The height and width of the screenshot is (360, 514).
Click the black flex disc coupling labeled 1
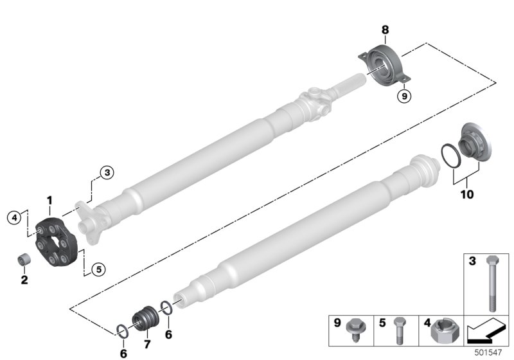point(56,240)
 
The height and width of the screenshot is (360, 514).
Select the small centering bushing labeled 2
point(24,259)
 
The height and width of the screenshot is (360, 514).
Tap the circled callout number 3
point(107,172)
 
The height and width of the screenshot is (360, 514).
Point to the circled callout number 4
point(14,217)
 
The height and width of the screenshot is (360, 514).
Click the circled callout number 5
point(99,269)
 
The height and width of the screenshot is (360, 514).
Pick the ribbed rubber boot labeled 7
point(146,319)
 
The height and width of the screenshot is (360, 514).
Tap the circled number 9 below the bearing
point(404,96)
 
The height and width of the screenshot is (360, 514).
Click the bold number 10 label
point(467,194)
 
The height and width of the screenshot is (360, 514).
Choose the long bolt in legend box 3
point(492,283)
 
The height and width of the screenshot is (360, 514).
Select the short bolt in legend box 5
point(398,330)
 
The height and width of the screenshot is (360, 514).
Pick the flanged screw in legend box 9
point(355,329)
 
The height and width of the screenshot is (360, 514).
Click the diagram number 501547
point(488,353)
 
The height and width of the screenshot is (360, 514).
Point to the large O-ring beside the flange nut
point(452,156)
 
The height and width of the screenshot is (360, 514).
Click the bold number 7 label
point(147,345)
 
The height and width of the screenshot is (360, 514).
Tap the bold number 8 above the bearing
point(385,30)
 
